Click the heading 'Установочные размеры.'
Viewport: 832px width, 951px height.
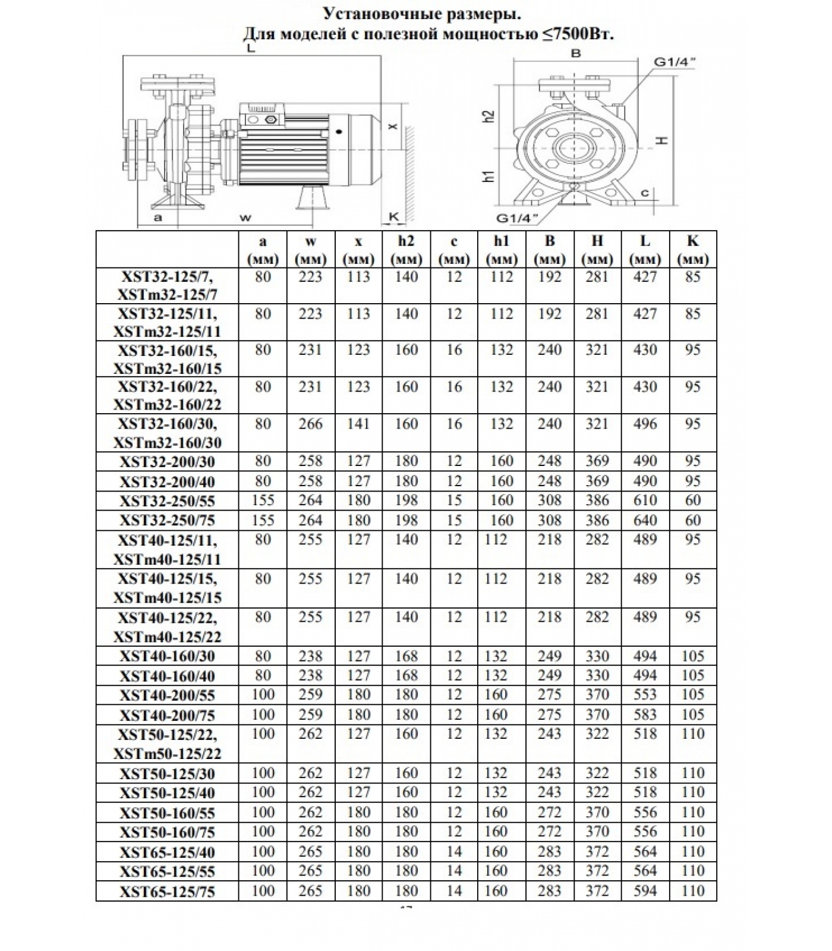(x=425, y=13)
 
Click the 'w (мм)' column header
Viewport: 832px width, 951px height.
(x=310, y=250)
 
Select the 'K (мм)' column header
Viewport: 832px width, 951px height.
(x=692, y=250)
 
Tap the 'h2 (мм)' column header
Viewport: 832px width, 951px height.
(x=406, y=250)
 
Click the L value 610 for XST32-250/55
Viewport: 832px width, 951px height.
(x=645, y=500)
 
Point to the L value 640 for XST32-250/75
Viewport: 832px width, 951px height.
(x=645, y=521)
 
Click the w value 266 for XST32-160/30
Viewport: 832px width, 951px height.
(x=310, y=424)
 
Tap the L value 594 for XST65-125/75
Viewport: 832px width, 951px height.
(x=645, y=891)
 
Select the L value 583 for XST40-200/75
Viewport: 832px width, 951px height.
(x=645, y=714)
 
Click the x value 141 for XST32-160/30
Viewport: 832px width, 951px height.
(x=358, y=424)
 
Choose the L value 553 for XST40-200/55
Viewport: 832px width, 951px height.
(x=645, y=694)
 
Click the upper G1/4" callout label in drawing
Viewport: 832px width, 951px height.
(x=674, y=61)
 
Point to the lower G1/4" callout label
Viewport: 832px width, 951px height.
(x=516, y=218)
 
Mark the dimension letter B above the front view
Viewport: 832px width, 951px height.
(x=575, y=53)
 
